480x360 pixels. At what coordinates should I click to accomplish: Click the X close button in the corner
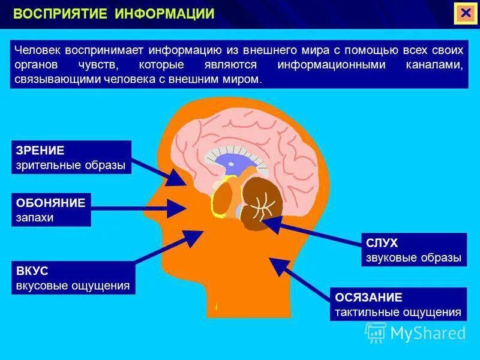point(464,13)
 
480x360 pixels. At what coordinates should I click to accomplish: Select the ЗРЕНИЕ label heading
point(40,150)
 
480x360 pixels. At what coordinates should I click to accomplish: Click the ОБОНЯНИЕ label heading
point(51,202)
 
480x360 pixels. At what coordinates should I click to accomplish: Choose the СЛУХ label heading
point(382,243)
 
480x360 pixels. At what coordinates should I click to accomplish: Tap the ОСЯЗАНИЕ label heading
point(368,297)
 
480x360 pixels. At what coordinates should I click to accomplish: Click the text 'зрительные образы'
point(71,165)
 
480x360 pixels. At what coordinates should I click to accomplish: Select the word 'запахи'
point(35,217)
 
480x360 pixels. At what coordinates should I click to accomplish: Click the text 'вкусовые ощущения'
point(73,286)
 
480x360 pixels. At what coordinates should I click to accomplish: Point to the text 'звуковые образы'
point(413,258)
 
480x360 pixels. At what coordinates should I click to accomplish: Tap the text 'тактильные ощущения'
point(398,312)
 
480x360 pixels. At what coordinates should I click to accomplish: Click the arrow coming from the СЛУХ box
point(312,233)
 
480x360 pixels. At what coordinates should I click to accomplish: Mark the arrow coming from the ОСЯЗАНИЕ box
point(300,278)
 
